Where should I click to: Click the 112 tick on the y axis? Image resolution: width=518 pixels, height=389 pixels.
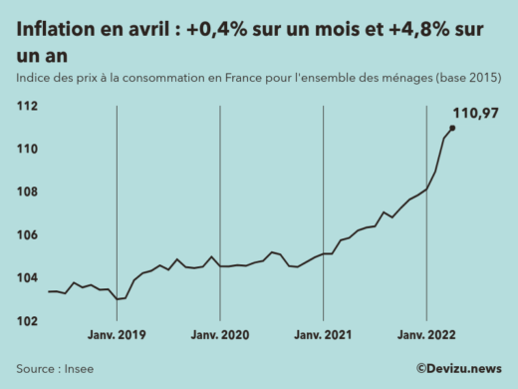[26, 107]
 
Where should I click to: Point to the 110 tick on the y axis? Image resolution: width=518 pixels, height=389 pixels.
[26, 150]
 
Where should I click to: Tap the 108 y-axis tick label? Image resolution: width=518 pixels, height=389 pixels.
[26, 193]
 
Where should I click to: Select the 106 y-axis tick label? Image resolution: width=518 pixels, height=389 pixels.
[26, 235]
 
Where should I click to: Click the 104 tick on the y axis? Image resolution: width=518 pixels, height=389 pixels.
[26, 278]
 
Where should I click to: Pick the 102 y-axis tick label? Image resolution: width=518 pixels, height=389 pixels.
[26, 321]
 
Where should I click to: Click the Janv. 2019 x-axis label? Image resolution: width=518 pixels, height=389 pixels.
[118, 336]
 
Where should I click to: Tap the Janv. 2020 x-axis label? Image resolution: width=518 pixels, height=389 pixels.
[220, 336]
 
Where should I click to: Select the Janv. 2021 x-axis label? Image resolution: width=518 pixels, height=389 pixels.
[324, 336]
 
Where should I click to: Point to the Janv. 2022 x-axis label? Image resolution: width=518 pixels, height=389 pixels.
[426, 336]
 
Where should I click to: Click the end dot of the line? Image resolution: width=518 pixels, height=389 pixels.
[453, 128]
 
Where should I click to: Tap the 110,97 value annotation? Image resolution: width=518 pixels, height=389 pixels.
[476, 113]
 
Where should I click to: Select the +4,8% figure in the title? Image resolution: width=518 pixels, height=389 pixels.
[408, 30]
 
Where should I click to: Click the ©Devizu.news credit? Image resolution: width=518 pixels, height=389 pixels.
[458, 367]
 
